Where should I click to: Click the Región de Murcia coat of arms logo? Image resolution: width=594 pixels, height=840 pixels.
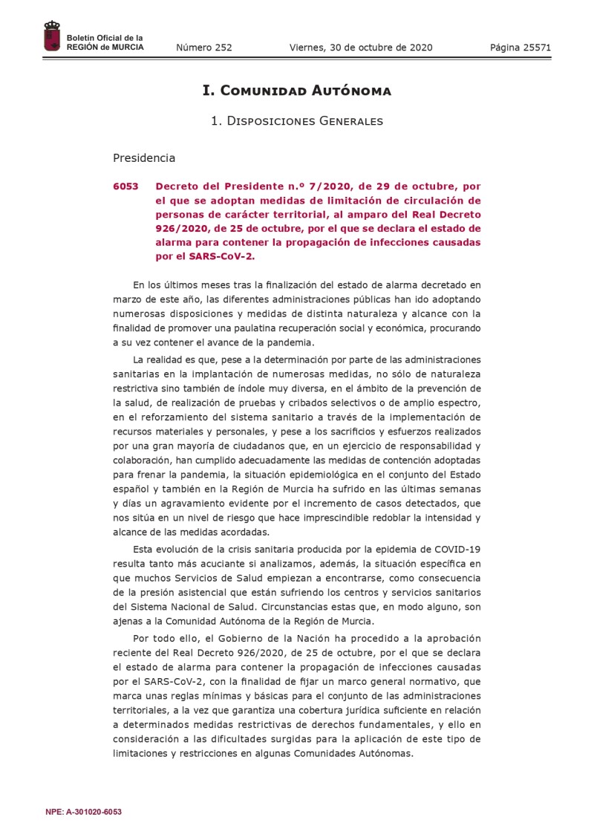(52, 37)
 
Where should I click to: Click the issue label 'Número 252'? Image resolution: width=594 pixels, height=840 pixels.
(204, 48)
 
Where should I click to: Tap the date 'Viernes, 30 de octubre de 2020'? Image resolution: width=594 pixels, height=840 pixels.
(361, 48)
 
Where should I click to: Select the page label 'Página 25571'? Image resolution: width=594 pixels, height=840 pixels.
(520, 48)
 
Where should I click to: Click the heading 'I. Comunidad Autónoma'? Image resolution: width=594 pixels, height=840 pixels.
(297, 91)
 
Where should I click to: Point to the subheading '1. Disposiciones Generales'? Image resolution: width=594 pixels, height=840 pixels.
(297, 120)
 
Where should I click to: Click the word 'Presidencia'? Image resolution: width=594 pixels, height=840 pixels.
(144, 157)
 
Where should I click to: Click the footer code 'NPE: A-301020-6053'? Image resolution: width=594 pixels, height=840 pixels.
(83, 812)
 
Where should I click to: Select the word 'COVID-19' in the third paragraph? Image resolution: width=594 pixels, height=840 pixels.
(457, 549)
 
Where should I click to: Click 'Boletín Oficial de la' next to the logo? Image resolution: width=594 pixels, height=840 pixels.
(105, 38)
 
